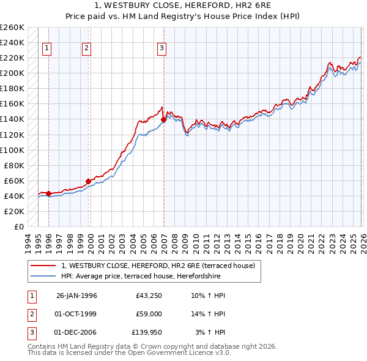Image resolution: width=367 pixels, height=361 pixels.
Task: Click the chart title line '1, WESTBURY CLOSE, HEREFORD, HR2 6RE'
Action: (x=183, y=6)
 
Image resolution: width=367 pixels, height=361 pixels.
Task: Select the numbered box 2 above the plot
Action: (x=87, y=48)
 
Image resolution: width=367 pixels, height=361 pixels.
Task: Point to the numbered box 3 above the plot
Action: (x=161, y=48)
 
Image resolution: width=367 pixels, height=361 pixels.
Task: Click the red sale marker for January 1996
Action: (x=48, y=193)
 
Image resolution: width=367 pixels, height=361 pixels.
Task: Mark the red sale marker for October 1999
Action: (x=88, y=181)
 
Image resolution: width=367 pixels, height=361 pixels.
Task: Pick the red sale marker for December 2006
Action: (x=163, y=119)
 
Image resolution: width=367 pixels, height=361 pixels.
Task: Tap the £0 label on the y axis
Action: (x=19, y=226)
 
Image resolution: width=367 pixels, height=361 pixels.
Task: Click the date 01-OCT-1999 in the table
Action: (x=76, y=314)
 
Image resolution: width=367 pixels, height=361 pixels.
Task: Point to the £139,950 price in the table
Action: (x=147, y=332)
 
